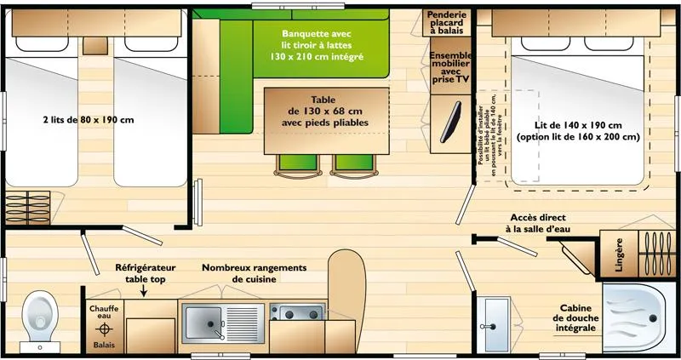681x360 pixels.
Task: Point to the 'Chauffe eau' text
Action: tap(105, 312)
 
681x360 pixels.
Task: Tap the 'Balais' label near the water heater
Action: tap(105, 346)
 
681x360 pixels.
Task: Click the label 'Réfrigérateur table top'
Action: tap(146, 272)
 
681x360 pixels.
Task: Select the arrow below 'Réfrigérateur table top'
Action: tap(144, 292)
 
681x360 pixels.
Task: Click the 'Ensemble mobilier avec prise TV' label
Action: tap(449, 66)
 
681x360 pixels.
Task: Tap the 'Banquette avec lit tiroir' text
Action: tap(323, 40)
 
